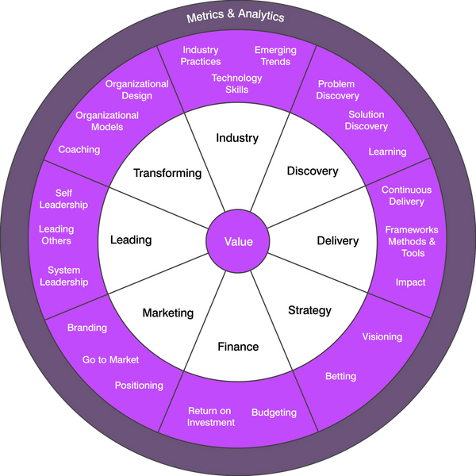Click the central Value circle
click(238, 241)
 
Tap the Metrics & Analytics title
click(235, 16)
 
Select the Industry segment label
click(237, 138)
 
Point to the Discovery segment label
click(313, 171)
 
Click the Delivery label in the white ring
click(337, 240)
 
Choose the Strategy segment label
click(309, 310)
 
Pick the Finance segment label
click(238, 347)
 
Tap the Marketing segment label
click(167, 313)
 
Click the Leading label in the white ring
click(131, 240)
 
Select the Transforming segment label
click(167, 173)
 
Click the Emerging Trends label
click(275, 56)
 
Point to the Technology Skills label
click(236, 83)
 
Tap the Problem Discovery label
click(338, 90)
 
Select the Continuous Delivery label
click(406, 195)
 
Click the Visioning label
click(382, 336)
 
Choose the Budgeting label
click(274, 413)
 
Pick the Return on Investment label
click(211, 416)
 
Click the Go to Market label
click(110, 359)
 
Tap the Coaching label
click(79, 149)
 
